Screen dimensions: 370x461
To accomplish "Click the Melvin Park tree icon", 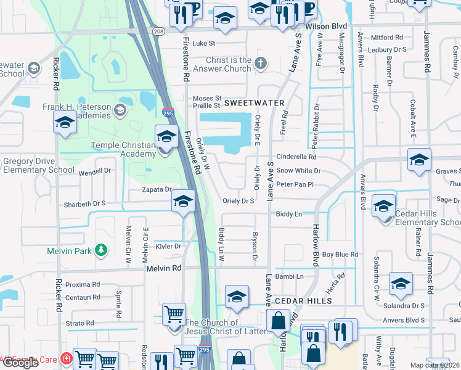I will [x=100, y=250].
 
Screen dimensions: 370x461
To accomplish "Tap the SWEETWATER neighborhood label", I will [x=254, y=102].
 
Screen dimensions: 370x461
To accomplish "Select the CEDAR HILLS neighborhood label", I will [x=303, y=301].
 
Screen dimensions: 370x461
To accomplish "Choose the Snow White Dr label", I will [x=298, y=170].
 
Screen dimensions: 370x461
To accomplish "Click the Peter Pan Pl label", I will [x=295, y=184].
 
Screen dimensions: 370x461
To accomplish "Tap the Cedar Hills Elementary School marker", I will [x=384, y=207].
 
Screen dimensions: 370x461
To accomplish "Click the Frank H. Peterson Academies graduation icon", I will [x=120, y=111].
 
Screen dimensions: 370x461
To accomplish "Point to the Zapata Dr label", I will [x=156, y=189].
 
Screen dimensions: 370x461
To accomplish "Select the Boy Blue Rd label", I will [x=340, y=254].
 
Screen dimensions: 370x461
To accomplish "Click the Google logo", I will [x=20, y=363].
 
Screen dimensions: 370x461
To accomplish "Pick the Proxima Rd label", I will [x=83, y=285].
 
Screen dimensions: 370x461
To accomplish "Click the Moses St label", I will [x=206, y=98].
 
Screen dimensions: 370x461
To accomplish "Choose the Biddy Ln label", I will [x=288, y=214].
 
